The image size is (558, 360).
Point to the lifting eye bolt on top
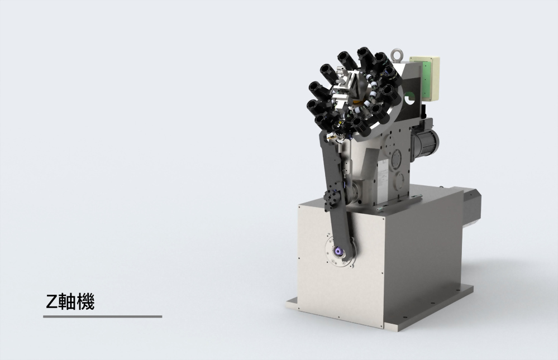tap(397, 55)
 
